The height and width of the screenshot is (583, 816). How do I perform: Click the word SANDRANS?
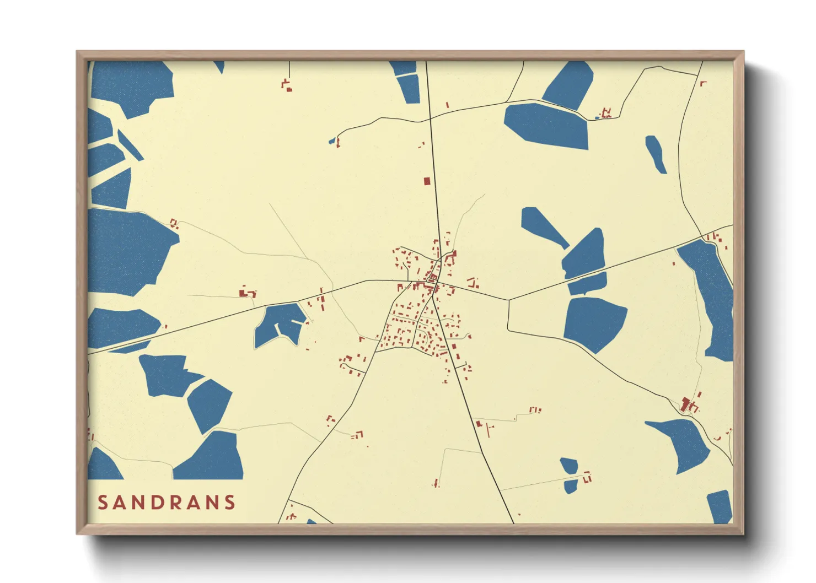[167, 503]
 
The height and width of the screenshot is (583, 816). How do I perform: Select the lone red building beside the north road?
[426, 181]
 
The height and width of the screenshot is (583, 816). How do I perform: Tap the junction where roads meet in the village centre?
[434, 282]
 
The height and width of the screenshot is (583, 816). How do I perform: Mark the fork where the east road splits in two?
[508, 300]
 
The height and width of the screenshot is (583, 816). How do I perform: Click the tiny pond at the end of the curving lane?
[332, 141]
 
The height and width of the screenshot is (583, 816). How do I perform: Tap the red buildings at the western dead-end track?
[246, 293]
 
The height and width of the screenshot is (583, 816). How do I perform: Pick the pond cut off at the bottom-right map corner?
[719, 506]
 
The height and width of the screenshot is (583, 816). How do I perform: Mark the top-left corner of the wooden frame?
[77, 52]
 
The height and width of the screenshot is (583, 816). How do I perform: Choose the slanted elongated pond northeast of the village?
[543, 226]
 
